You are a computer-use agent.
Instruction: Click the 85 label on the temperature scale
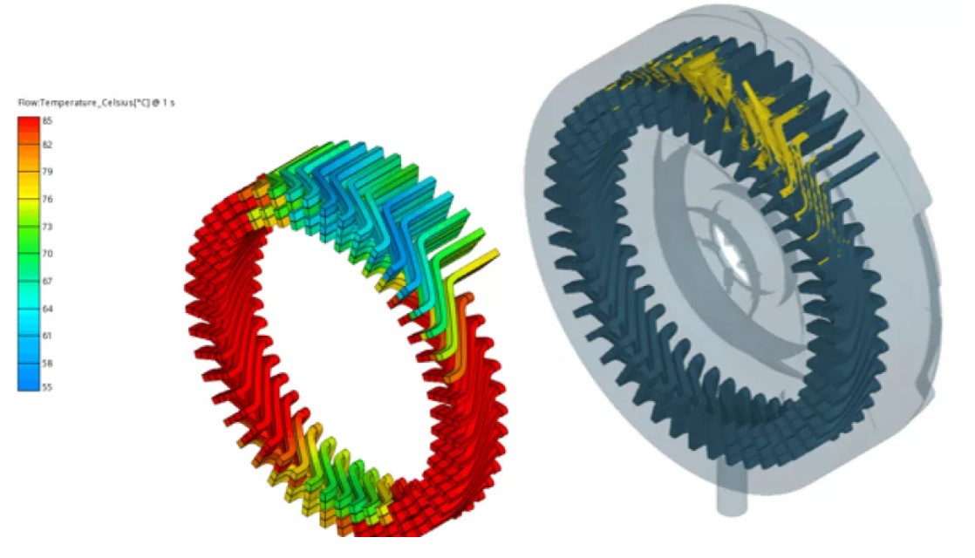pyautogui.click(x=47, y=121)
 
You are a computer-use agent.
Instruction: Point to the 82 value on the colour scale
pyautogui.click(x=47, y=145)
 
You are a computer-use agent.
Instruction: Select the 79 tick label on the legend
pyautogui.click(x=47, y=172)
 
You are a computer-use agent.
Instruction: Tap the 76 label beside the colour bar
pyautogui.click(x=47, y=200)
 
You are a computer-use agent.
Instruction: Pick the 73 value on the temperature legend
pyautogui.click(x=47, y=227)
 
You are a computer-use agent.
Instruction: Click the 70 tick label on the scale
pyautogui.click(x=47, y=254)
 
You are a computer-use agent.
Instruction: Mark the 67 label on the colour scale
pyautogui.click(x=47, y=282)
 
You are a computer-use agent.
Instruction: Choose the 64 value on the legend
pyautogui.click(x=47, y=309)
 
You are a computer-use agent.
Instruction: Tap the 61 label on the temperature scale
pyautogui.click(x=47, y=337)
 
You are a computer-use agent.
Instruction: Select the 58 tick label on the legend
pyautogui.click(x=47, y=364)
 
